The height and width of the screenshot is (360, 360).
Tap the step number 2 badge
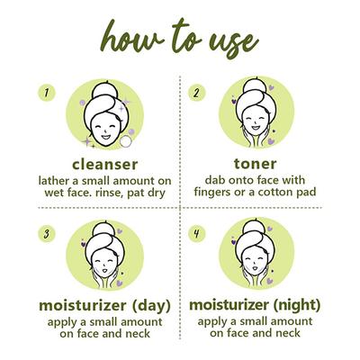[196, 92]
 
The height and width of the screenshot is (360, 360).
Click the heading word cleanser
[109, 165]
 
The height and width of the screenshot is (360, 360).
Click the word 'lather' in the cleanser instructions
[57, 181]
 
